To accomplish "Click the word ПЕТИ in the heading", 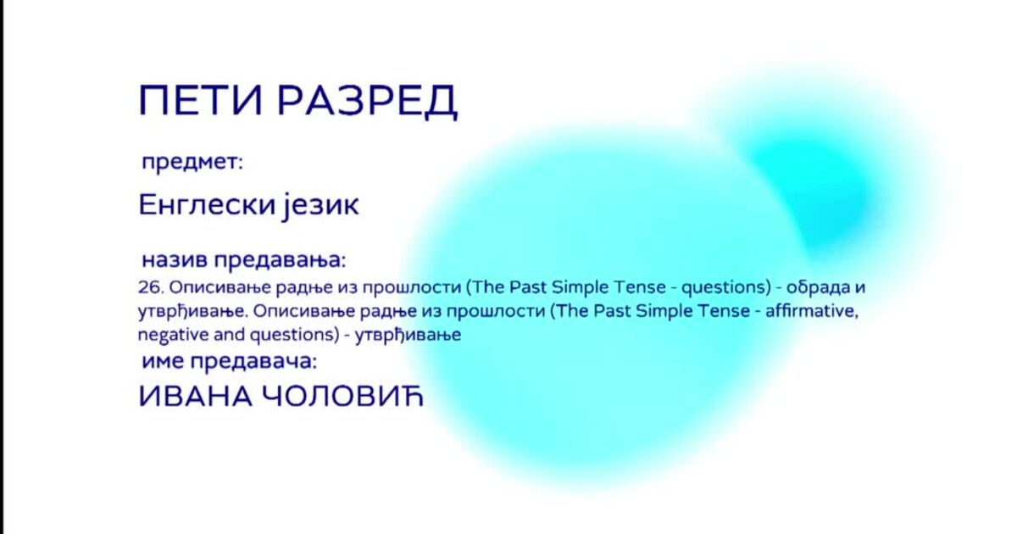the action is point(201,100).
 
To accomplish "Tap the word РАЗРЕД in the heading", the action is point(367,102).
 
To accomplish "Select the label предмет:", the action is point(192,163).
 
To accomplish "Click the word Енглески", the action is point(207,205).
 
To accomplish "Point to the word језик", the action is point(320,207).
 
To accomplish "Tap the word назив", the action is point(175,260).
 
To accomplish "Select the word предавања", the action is point(280,261).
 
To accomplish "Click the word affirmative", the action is point(812,311).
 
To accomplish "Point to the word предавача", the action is point(253,363).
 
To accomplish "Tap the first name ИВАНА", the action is point(195,397).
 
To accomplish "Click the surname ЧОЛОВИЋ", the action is point(342,397).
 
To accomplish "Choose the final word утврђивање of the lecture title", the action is point(408,336).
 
